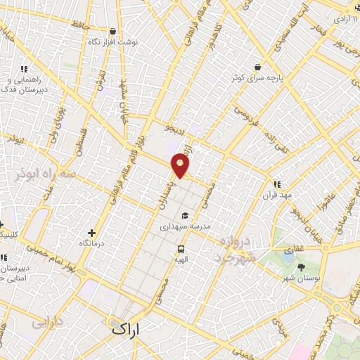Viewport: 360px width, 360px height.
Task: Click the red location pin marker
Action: coord(181,166)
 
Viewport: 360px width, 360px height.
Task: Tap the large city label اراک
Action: coord(126,328)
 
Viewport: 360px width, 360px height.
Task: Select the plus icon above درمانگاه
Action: coord(91,233)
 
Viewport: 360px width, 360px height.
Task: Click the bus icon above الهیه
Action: coord(181,249)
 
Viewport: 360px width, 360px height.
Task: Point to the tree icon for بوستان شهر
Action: coord(302,267)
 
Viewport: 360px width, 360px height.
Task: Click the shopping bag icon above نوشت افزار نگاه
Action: coord(113,31)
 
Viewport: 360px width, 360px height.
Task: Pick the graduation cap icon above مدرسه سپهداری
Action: coord(184,216)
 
